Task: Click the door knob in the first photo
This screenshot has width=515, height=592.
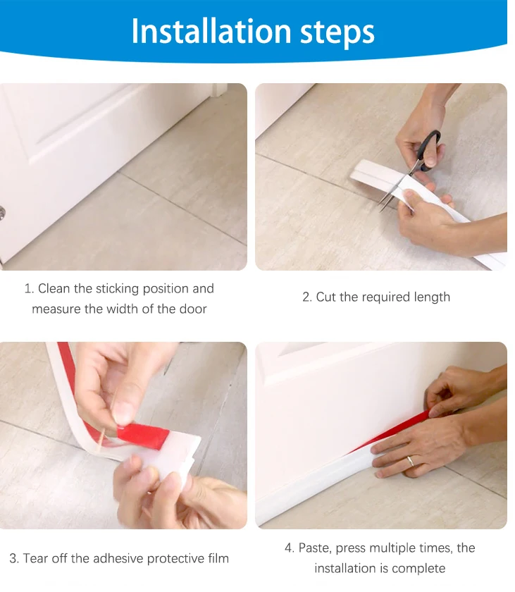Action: point(2,211)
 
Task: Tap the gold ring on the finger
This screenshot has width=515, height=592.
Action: point(409,462)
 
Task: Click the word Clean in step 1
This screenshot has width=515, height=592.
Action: point(54,288)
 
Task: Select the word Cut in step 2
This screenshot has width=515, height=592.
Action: point(325,297)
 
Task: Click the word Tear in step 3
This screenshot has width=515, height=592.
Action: point(37,558)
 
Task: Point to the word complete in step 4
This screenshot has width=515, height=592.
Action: point(420,568)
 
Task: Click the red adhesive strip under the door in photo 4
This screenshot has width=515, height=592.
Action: point(402,431)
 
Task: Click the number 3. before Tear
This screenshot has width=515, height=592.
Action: point(14,558)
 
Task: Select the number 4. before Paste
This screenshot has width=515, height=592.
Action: point(290,548)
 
